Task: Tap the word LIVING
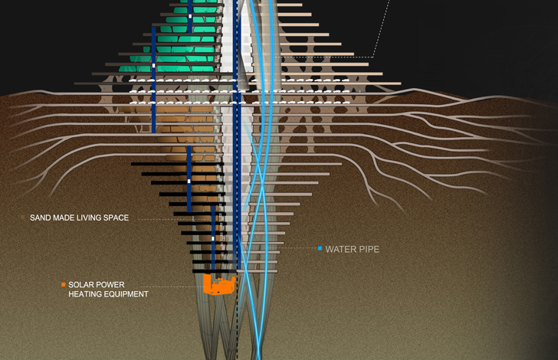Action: pos(88,218)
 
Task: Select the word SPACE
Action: pos(116,218)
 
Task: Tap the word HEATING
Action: pos(84,294)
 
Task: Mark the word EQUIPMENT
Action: pos(124,294)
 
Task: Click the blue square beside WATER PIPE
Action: pos(320,248)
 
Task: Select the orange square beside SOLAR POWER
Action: pos(64,285)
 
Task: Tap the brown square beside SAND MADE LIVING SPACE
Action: pos(23,217)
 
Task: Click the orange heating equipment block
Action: pos(219,284)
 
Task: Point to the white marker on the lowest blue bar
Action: pos(213,238)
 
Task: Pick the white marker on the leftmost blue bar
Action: pos(154,65)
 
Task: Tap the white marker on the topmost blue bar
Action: pos(190,16)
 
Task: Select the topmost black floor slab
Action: pos(177,164)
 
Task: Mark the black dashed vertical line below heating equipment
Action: pos(237,316)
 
